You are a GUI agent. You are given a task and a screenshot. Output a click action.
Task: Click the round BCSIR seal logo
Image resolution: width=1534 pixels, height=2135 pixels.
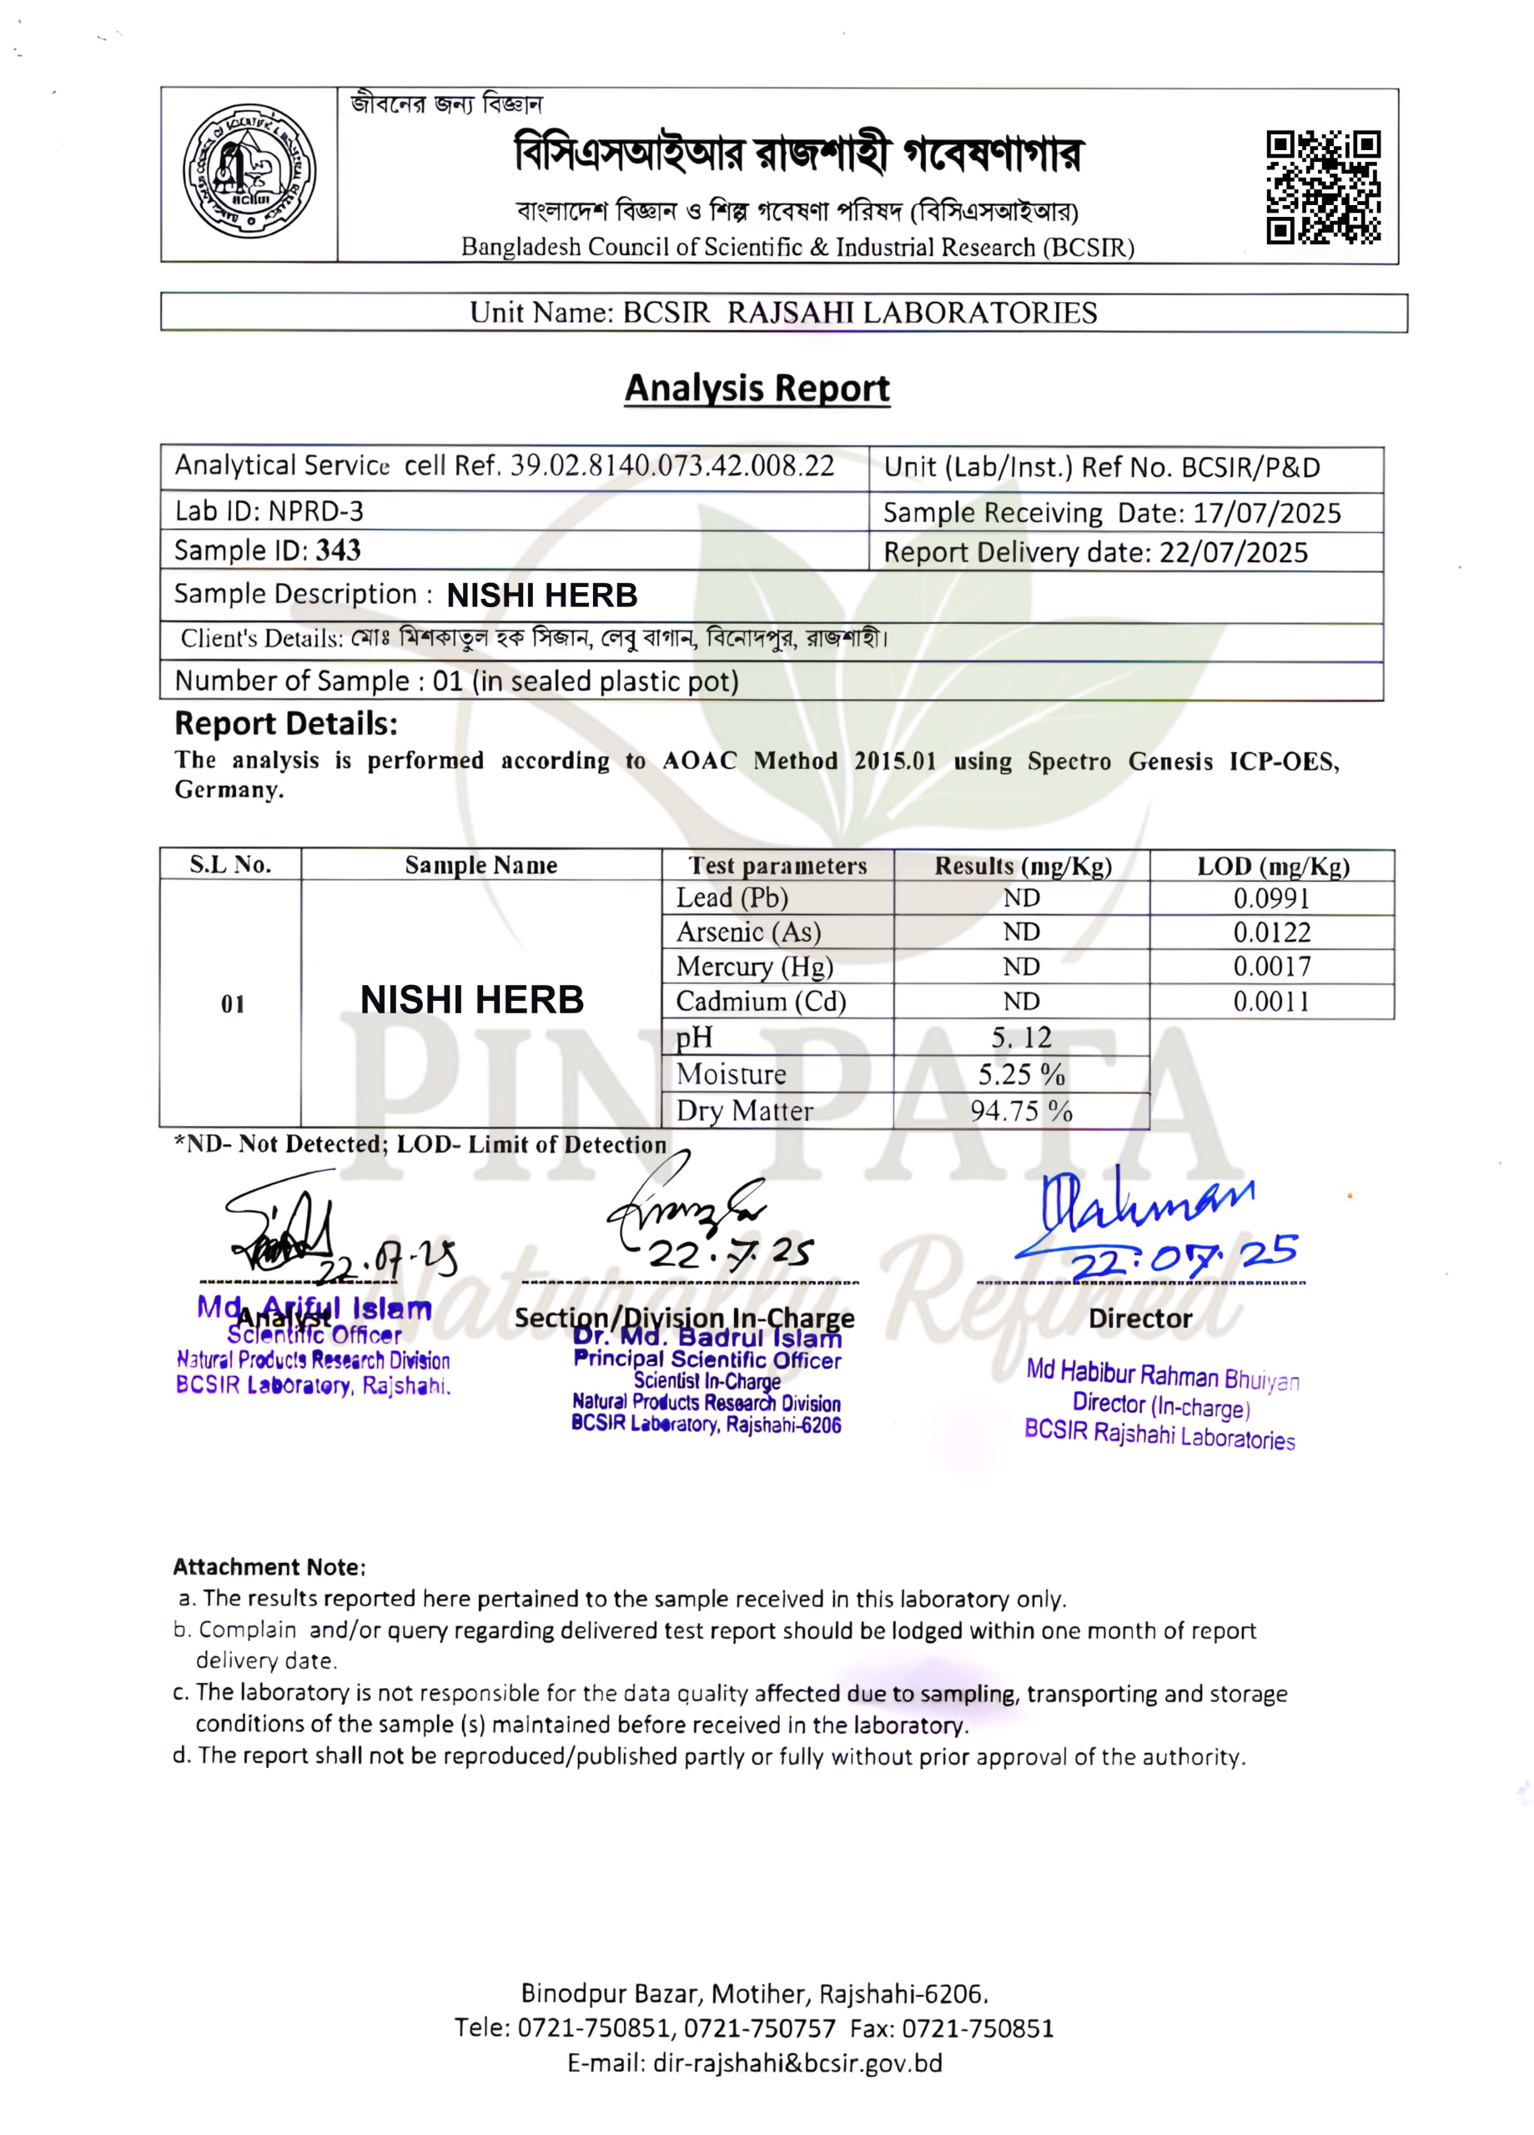tap(249, 171)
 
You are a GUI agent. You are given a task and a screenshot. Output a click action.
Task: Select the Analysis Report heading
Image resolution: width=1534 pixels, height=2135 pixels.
tap(757, 388)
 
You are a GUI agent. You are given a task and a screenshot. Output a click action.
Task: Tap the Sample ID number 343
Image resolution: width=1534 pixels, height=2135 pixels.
tap(338, 550)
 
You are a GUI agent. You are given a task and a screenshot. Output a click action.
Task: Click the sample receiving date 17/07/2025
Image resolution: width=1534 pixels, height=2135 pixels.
tap(1266, 513)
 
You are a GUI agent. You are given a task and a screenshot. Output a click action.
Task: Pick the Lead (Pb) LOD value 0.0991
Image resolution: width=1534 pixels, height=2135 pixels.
tap(1271, 898)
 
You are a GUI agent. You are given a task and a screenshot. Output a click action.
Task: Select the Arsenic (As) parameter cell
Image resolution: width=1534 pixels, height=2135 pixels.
tap(748, 932)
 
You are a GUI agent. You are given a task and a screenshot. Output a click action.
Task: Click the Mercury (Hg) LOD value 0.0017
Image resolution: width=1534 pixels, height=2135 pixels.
tap(1271, 967)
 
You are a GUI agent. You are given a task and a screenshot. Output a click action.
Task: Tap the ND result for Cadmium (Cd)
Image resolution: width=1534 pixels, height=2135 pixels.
tap(1021, 1002)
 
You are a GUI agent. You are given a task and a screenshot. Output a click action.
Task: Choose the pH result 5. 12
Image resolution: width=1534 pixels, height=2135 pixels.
tap(1021, 1037)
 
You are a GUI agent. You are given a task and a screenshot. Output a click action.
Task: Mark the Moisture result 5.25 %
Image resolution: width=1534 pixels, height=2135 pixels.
tap(1021, 1074)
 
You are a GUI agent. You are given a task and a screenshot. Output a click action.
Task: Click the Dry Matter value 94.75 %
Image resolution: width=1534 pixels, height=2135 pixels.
tap(1021, 1111)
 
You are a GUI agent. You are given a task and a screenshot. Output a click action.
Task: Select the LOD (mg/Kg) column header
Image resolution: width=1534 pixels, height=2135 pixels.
tap(1272, 866)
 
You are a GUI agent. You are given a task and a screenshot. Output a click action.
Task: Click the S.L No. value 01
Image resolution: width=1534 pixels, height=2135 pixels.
tap(233, 1004)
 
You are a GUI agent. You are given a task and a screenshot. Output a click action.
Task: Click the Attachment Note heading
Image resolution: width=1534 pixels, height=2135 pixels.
tap(269, 1567)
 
